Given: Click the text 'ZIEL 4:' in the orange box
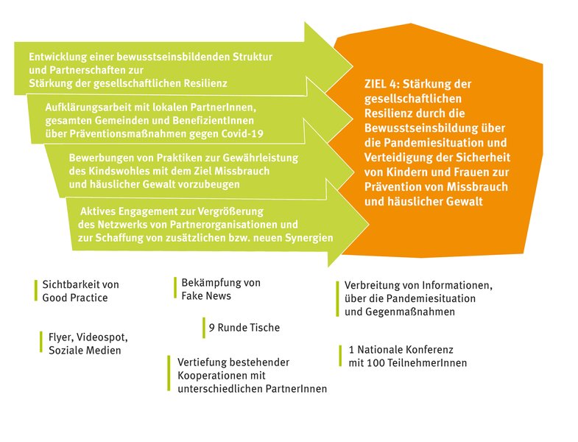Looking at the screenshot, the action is point(381,84).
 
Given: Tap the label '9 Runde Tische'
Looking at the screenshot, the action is point(244,327).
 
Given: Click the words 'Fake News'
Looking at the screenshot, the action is point(206,295).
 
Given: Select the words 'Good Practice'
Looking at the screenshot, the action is point(75,298).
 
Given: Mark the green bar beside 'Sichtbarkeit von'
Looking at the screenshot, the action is point(36,290).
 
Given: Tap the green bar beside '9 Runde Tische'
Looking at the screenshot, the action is point(204,328).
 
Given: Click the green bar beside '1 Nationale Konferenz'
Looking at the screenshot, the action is point(340,356).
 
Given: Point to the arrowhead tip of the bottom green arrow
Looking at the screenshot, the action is point(369,224).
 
